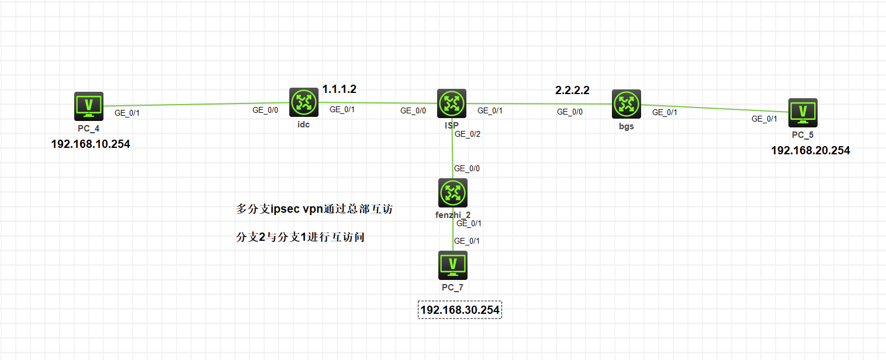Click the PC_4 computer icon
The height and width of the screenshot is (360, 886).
pos(89,106)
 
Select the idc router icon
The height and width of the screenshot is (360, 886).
pos(303,102)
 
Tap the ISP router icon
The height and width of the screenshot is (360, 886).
pos(452,103)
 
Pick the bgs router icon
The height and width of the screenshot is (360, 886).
pos(627,104)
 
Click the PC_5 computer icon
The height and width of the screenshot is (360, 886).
pos(803,112)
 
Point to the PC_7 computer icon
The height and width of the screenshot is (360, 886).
pos(453,265)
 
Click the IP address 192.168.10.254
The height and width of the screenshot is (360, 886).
pos(91,144)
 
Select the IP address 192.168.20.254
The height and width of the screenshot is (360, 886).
pos(811,150)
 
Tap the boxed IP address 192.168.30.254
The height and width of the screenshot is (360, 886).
pos(460,310)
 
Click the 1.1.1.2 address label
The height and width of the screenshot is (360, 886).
pos(339,89)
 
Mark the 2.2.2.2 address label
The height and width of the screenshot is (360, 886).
pos(572,91)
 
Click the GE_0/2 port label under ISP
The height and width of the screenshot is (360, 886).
pos(467,134)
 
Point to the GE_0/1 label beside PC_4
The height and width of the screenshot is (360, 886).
pos(127,113)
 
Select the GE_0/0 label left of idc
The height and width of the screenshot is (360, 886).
pos(265,109)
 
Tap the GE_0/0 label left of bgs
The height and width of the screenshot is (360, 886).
pos(569,112)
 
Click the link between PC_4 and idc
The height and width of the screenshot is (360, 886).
pos(196,104)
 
